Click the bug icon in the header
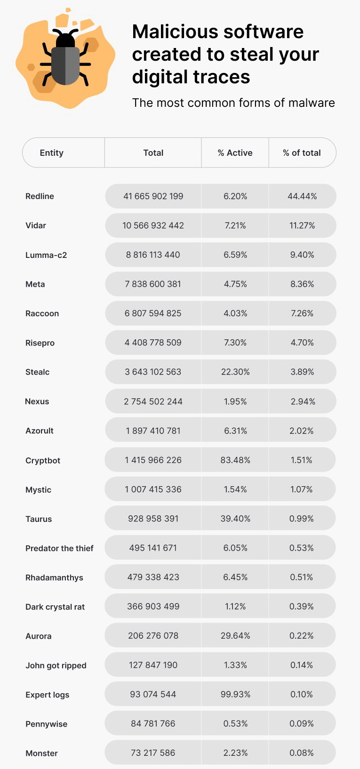pos(65,59)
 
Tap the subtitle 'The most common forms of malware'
pos(233,103)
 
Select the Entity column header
pos(52,152)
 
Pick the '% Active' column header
pos(235,152)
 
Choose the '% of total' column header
pos(302,152)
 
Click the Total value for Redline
pos(153,196)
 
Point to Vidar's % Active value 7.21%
pos(235,225)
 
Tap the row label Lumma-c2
pos(46,255)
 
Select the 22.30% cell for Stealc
pos(235,372)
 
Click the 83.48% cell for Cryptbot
pos(235,460)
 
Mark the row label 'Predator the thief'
pos(59,548)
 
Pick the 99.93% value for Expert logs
pos(235,694)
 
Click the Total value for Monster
pos(153,753)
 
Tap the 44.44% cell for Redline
pos(302,196)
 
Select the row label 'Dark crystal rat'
pos(55,607)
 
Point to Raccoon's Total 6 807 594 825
pos(153,313)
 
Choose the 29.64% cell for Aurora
pos(235,636)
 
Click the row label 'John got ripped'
pos(56,665)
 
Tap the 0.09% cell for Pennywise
pos(302,723)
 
